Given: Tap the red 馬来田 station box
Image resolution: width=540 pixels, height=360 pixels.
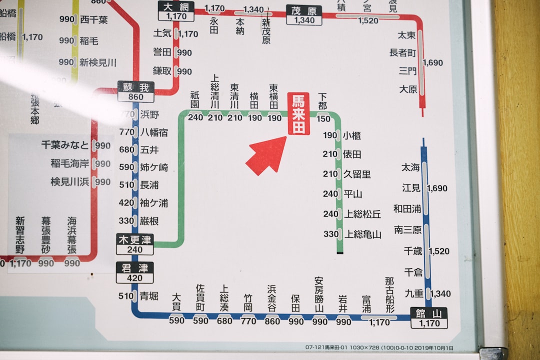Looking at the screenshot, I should pos(298,114).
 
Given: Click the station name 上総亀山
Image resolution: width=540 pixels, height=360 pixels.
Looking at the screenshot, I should pos(362,234).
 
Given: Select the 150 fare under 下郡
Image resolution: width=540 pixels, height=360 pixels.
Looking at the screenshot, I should pos(323,118).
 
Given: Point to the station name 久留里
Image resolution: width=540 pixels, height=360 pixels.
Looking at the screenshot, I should pos(357,174).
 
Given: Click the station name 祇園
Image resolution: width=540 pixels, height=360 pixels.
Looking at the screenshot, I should pos(195,100).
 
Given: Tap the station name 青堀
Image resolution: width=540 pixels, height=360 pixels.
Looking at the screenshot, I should pos(149,295).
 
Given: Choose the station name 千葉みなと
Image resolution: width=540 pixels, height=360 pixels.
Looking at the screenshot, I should pos(65,145).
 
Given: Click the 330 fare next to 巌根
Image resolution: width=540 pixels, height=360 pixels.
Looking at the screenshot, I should pos(126,220).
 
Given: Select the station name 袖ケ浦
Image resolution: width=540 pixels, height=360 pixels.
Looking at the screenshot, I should pos(154,202).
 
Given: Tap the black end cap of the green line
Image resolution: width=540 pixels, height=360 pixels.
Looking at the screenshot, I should pos(340,252).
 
